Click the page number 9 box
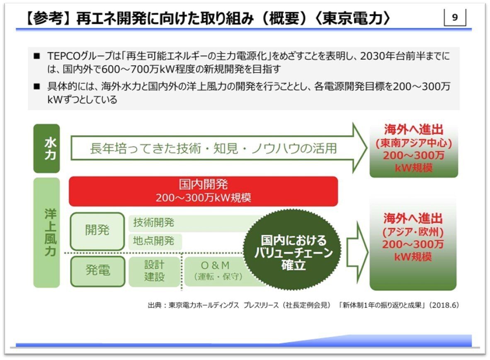[455, 19]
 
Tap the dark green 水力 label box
[46, 148]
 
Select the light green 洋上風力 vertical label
[46, 232]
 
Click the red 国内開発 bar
[203, 191]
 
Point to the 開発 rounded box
[97, 231]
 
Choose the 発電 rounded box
[97, 271]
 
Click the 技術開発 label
[153, 223]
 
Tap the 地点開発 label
[153, 241]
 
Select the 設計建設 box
[154, 271]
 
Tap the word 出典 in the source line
[154, 305]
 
